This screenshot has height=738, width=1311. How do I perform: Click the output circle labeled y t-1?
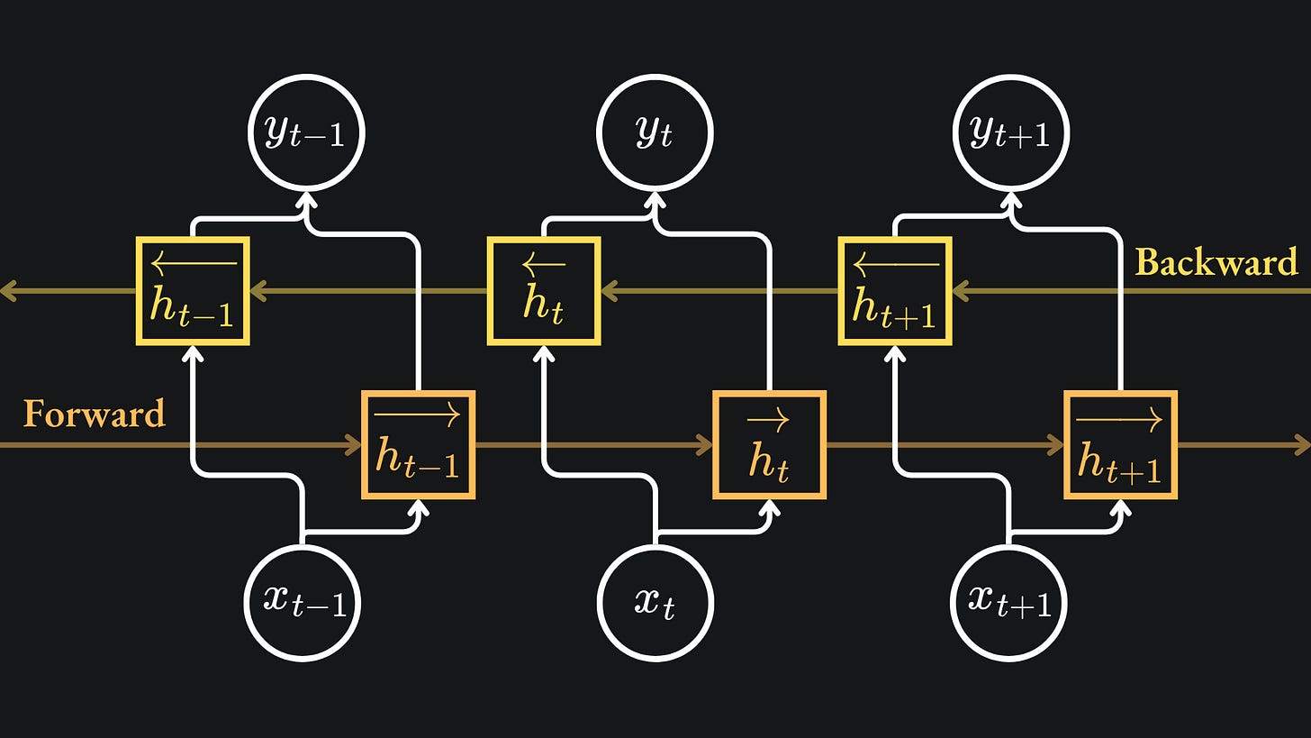coord(306,132)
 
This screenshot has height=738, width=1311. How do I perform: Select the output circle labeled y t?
coord(655,132)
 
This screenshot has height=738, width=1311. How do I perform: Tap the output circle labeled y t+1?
coord(1010,132)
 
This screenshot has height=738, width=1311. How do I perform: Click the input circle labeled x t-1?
coord(303,602)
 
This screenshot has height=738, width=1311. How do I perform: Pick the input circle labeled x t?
coord(655,602)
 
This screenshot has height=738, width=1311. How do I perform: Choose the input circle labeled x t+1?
coord(1008,602)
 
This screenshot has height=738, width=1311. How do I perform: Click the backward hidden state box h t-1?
coord(193,291)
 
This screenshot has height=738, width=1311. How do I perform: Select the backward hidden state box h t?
coord(544,291)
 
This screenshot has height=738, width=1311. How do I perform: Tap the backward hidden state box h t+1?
coord(895,291)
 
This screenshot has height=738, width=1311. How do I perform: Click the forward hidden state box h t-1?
coord(418,444)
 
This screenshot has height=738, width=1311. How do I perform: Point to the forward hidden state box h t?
coord(769,444)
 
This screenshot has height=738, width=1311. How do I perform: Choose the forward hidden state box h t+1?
coord(1120,444)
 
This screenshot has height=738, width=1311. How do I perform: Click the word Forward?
coord(95,414)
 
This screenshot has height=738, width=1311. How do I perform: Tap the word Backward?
coord(1216,262)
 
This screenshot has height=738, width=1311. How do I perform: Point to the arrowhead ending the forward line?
coord(1302,444)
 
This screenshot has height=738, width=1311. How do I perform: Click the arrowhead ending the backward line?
coord(8,291)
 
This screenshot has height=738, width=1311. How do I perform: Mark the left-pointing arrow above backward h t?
coord(544,264)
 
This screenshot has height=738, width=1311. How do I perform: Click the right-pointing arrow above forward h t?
coord(769,417)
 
